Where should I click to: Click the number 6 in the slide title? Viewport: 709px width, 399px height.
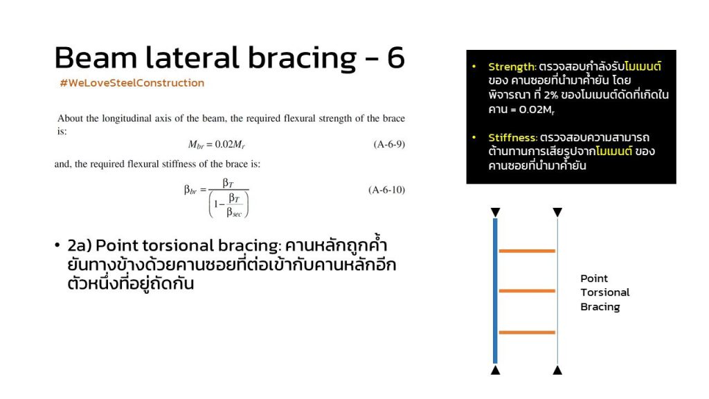(x=395, y=57)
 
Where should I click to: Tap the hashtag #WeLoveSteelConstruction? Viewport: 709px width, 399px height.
(x=132, y=83)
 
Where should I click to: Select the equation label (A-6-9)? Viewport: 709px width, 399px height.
(x=389, y=144)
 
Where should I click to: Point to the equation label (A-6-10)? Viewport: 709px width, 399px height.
(x=386, y=190)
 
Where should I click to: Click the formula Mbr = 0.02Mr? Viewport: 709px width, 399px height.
(x=217, y=145)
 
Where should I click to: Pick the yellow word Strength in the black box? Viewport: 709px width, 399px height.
(x=512, y=67)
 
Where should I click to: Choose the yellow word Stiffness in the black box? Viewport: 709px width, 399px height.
(x=512, y=138)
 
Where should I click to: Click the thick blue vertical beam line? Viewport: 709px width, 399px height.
(x=495, y=291)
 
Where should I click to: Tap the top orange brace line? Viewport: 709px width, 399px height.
(x=527, y=251)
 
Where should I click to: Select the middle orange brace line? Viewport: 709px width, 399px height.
(x=527, y=291)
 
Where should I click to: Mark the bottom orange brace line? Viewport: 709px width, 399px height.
(x=527, y=332)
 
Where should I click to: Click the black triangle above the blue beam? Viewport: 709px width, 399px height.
(x=495, y=212)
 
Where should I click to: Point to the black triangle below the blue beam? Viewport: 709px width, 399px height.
(x=495, y=371)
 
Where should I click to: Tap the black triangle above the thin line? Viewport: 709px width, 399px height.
(x=557, y=212)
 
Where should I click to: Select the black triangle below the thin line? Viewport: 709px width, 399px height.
(x=557, y=371)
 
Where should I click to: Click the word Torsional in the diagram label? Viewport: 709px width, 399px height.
(x=605, y=292)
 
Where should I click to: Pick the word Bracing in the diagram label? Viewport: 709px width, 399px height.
(x=600, y=307)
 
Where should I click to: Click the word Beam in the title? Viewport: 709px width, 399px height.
(x=96, y=58)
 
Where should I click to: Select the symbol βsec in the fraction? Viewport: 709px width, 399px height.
(x=234, y=212)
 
